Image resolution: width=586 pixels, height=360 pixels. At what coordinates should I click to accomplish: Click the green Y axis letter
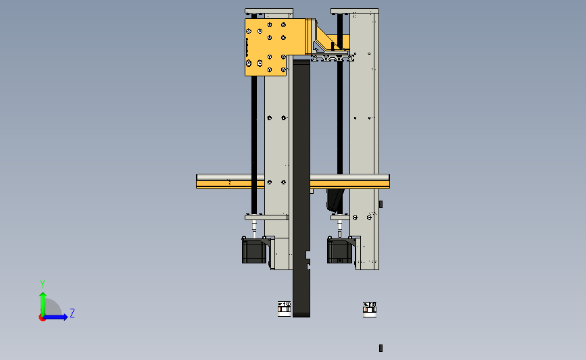tap(43, 284)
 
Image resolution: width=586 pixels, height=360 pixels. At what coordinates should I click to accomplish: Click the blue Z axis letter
tap(72, 313)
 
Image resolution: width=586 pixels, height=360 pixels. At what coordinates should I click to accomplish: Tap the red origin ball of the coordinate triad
tap(42, 318)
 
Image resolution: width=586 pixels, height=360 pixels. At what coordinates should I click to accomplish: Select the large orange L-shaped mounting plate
tap(266, 47)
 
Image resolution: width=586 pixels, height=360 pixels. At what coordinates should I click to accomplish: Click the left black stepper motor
tap(254, 251)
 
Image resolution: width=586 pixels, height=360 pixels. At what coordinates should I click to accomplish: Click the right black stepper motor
tap(340, 251)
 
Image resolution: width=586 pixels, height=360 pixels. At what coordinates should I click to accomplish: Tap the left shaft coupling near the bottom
tap(284, 309)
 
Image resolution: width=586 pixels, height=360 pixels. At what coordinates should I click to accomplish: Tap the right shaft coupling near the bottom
tap(370, 309)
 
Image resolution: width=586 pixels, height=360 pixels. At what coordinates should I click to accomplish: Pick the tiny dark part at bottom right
tap(381, 348)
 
